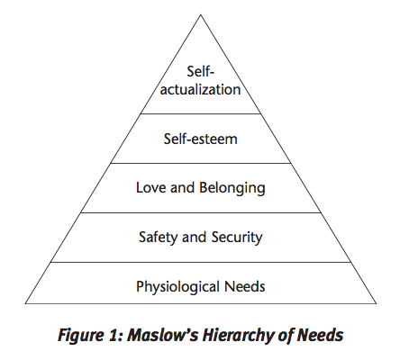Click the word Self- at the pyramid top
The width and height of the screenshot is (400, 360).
pyautogui.click(x=200, y=71)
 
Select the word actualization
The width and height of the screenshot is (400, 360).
pyautogui.click(x=200, y=89)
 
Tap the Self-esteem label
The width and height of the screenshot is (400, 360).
pyautogui.click(x=200, y=139)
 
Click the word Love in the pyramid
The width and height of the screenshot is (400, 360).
pyautogui.click(x=151, y=187)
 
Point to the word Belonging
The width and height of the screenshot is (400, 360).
pyautogui.click(x=232, y=189)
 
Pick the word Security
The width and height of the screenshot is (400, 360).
pyautogui.click(x=237, y=238)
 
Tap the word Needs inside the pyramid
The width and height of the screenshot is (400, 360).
pyautogui.click(x=245, y=286)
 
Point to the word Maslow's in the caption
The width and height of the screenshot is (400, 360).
pyautogui.click(x=162, y=335)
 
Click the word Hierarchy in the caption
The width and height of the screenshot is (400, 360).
pyautogui.click(x=238, y=336)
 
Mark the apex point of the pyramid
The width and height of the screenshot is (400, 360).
pyautogui.click(x=200, y=14)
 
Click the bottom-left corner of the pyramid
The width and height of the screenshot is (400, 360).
pyautogui.click(x=25, y=303)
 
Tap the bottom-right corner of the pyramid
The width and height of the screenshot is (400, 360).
pyautogui.click(x=376, y=303)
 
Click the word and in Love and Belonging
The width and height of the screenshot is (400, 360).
pyautogui.click(x=182, y=187)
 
